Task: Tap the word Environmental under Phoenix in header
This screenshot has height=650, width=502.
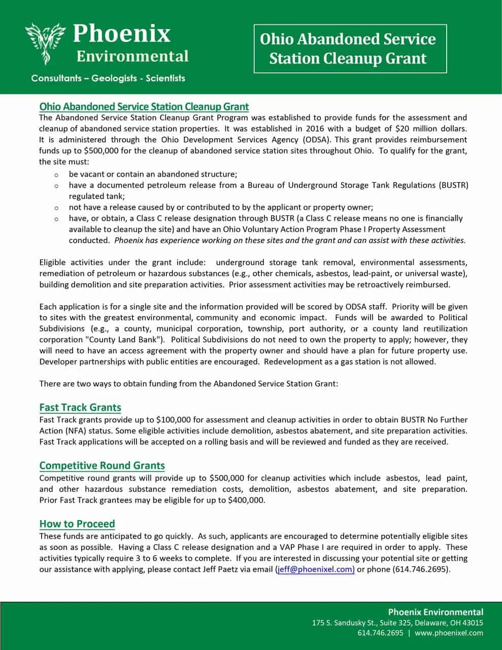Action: click(x=132, y=56)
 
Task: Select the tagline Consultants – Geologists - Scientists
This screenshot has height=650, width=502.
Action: click(x=108, y=78)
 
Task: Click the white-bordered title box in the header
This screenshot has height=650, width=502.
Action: click(x=350, y=49)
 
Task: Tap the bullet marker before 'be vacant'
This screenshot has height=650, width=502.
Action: click(x=57, y=175)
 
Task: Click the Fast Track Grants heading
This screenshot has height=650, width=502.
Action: click(x=80, y=408)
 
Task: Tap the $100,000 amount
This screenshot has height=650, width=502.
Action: click(x=173, y=420)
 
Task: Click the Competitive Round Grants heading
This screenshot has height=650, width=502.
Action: click(x=102, y=466)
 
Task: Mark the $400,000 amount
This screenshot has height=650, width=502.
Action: click(x=246, y=500)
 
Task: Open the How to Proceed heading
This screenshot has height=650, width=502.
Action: click(x=77, y=524)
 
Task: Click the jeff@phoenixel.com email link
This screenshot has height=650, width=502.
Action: click(x=315, y=569)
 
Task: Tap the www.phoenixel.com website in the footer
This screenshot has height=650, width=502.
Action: click(x=449, y=633)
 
